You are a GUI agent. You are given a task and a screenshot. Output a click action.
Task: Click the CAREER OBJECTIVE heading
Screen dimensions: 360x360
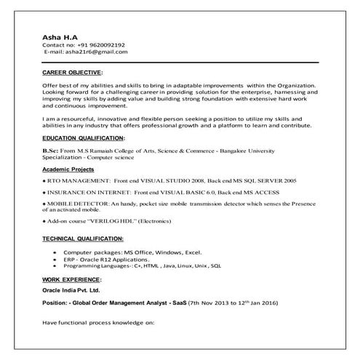click(73, 73)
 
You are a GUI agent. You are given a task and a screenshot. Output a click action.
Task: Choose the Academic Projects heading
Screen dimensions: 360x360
click(68, 168)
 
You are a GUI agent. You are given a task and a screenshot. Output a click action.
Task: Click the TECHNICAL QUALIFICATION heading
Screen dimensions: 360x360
click(82, 238)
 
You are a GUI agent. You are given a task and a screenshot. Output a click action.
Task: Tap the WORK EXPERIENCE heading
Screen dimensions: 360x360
click(71, 279)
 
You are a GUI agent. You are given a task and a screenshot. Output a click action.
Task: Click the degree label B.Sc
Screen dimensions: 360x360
click(50, 148)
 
